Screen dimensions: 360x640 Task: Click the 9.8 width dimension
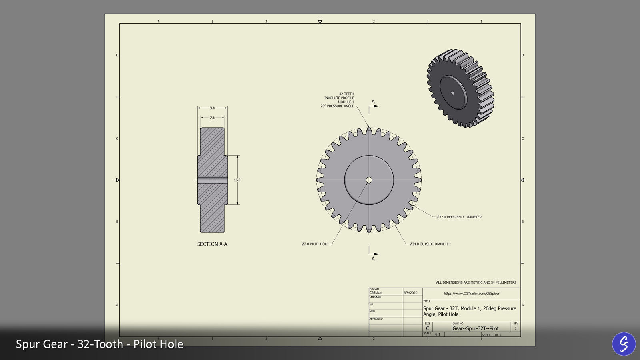212,108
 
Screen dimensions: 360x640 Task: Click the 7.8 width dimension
212,118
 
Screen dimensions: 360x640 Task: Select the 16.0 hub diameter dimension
237,180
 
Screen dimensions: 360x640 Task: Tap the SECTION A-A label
212,244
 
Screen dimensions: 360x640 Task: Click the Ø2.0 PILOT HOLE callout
315,244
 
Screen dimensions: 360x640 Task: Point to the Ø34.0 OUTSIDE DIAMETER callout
430,244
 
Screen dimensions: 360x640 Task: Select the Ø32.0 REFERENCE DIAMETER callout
459,217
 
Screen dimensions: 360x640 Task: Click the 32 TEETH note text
346,94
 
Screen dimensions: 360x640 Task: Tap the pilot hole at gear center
369,180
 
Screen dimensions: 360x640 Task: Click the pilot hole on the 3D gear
452,93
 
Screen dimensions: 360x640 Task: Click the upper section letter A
373,102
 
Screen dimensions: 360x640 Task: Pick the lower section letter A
373,259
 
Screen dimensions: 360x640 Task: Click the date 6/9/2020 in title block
410,293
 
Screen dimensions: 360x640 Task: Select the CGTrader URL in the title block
472,293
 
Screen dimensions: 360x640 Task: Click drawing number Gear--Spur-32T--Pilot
476,328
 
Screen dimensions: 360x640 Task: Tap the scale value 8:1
438,334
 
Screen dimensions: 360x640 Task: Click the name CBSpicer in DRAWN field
376,292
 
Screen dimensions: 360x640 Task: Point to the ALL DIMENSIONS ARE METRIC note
476,282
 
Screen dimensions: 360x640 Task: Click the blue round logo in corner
624,344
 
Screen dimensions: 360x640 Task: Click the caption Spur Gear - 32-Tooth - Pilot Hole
100,344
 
